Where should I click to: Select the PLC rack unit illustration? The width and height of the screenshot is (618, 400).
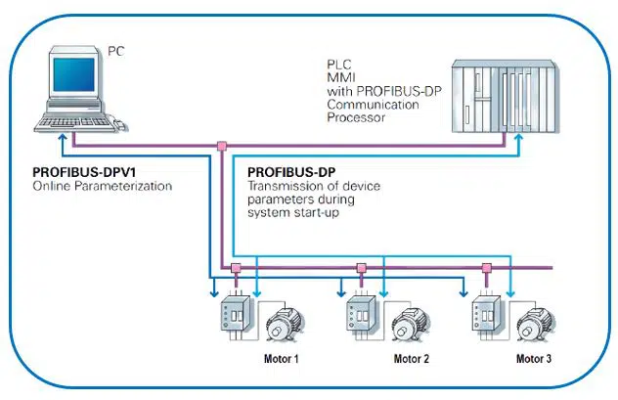[x=503, y=98]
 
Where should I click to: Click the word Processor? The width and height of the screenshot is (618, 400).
[x=355, y=116]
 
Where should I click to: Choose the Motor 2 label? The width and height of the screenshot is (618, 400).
[x=412, y=359]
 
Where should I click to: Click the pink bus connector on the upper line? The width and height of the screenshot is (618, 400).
[x=222, y=147]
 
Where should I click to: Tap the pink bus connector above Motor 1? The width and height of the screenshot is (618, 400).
[x=236, y=266]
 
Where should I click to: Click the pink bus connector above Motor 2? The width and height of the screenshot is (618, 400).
[x=361, y=266]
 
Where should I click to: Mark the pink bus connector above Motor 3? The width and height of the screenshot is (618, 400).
[x=485, y=266]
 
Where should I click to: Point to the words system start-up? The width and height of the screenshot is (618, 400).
[x=287, y=210]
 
